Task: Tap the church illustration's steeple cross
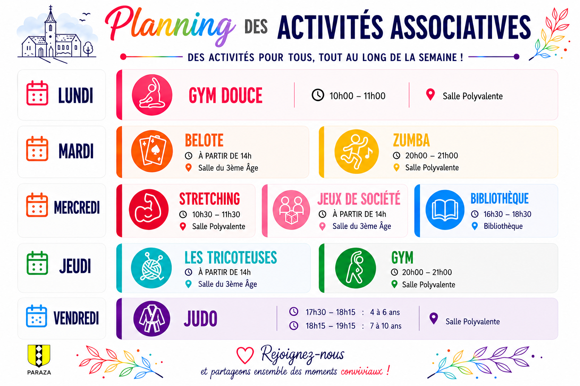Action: tap(51, 8)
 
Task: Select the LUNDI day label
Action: tap(76, 95)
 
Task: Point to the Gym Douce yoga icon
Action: tap(152, 95)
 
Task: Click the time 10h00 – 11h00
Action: tap(357, 96)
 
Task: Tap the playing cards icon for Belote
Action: tap(152, 151)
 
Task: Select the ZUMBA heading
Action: tap(412, 140)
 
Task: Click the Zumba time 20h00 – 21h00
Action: tap(432, 155)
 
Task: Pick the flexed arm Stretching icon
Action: tap(149, 210)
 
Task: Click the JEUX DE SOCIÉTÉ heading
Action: tap(359, 199)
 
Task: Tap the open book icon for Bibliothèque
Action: tap(445, 210)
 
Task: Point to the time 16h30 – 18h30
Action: tap(507, 214)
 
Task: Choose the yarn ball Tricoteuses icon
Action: tap(151, 268)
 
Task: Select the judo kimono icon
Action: tap(152, 319)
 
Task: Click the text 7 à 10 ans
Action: tap(386, 326)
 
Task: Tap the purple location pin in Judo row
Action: tap(434, 318)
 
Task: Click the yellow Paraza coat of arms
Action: tap(39, 355)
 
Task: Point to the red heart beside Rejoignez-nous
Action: tap(245, 355)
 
